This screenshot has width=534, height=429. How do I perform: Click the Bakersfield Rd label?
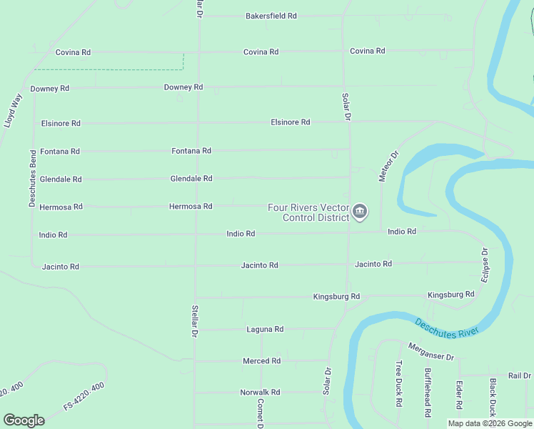(x=271, y=16)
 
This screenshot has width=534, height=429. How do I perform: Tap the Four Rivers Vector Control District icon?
(x=360, y=212)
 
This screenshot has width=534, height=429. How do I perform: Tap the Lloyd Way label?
(x=13, y=110)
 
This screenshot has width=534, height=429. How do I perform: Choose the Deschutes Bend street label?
(x=33, y=179)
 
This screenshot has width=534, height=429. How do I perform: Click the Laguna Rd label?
(x=265, y=330)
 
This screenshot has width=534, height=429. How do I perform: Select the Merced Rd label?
(x=261, y=361)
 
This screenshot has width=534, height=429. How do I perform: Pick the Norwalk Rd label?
(x=260, y=393)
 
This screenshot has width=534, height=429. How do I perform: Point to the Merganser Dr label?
(x=431, y=351)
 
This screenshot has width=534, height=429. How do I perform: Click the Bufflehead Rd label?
(x=428, y=393)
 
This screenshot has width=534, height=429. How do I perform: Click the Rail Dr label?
(x=519, y=375)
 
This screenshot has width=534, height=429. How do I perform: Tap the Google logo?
(x=24, y=420)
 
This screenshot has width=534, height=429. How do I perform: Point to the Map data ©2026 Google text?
(x=489, y=423)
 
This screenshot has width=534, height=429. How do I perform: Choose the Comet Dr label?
(x=261, y=413)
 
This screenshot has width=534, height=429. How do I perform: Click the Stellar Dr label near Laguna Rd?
(x=193, y=322)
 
